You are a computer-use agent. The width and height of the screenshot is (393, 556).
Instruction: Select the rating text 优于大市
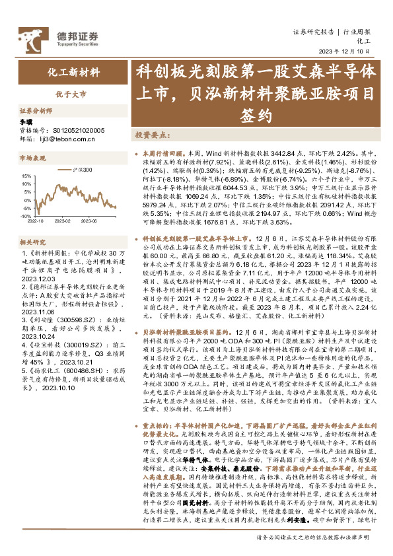coord(75,94)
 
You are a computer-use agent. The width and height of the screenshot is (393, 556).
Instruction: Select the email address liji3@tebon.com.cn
coord(65,139)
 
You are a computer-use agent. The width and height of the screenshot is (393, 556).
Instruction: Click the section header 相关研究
coord(32,243)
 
